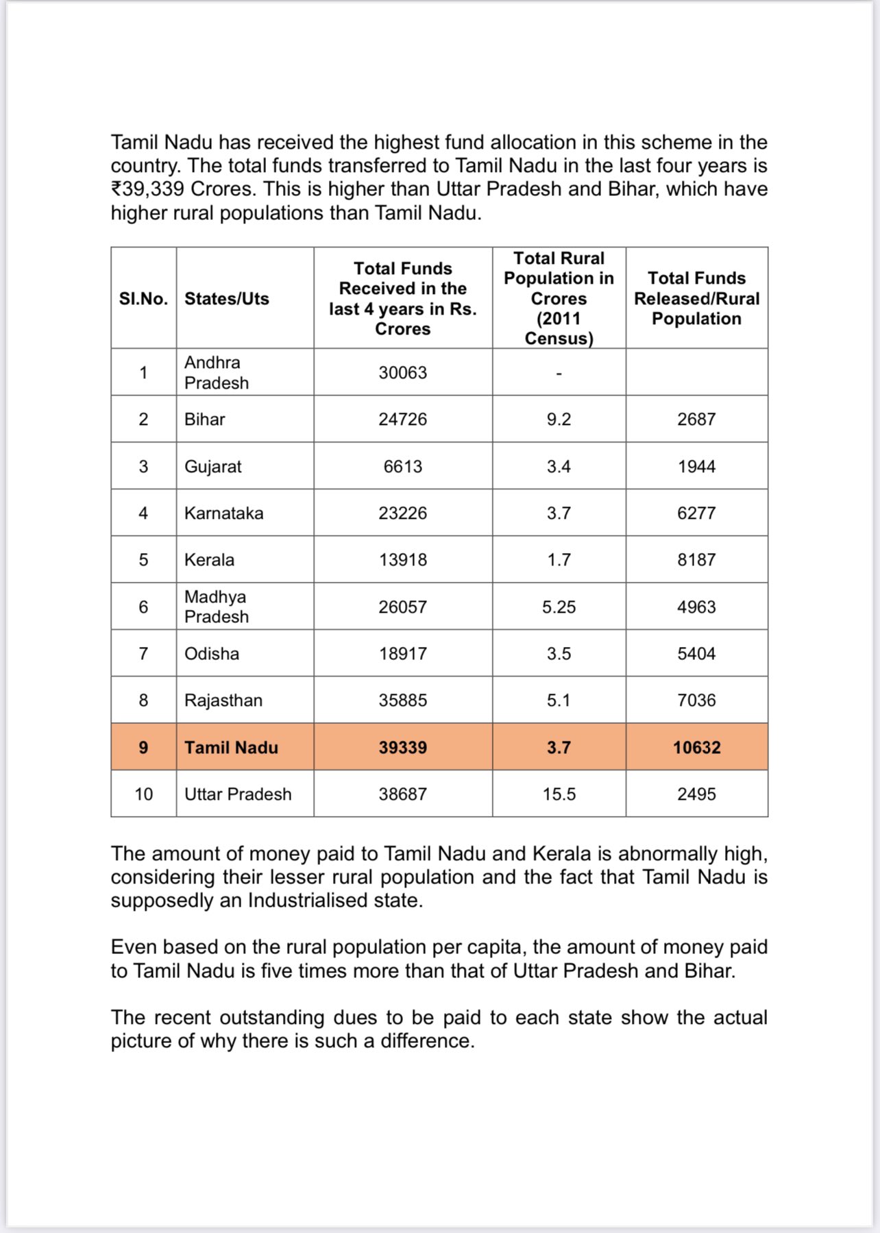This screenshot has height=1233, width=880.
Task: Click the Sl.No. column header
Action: (143, 299)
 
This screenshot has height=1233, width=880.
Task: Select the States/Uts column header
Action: (227, 299)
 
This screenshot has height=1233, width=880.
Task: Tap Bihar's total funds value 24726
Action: (402, 419)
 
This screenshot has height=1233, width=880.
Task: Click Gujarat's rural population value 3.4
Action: (559, 467)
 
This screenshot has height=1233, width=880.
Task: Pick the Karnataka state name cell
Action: (223, 513)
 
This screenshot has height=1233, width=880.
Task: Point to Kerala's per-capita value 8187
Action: (696, 560)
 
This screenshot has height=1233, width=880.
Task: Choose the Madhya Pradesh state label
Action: (216, 607)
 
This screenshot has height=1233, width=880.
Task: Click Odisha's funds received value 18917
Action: (402, 654)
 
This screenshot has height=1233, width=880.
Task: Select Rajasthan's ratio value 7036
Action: (696, 700)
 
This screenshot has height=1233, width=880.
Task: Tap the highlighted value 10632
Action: (696, 748)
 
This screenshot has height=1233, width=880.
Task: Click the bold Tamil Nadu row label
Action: (231, 748)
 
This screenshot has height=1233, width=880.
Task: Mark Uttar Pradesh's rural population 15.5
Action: (559, 794)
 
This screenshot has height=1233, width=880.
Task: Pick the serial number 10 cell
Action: (143, 794)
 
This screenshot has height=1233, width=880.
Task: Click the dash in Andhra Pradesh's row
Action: (559, 374)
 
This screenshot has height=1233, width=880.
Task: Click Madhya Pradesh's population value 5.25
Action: (559, 607)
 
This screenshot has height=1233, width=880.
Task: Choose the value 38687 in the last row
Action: (402, 794)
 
